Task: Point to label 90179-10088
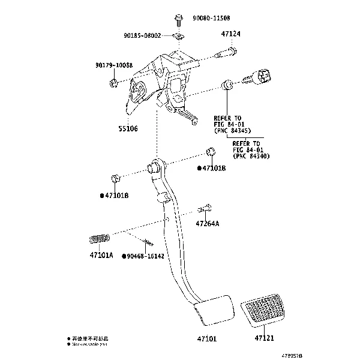tap(113, 65)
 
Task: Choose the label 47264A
tap(207, 224)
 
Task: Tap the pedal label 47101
tap(206, 339)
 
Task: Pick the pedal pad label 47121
tap(263, 339)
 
